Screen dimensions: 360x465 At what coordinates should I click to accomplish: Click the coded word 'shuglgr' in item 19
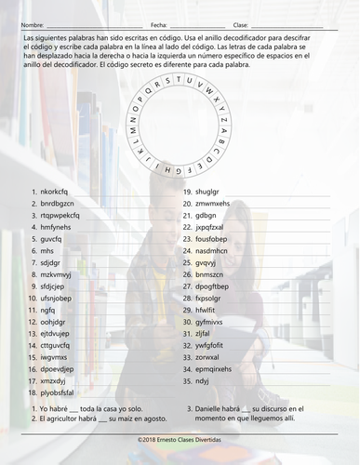tap(210, 192)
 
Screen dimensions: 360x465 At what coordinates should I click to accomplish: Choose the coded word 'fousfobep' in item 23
tap(215, 239)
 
